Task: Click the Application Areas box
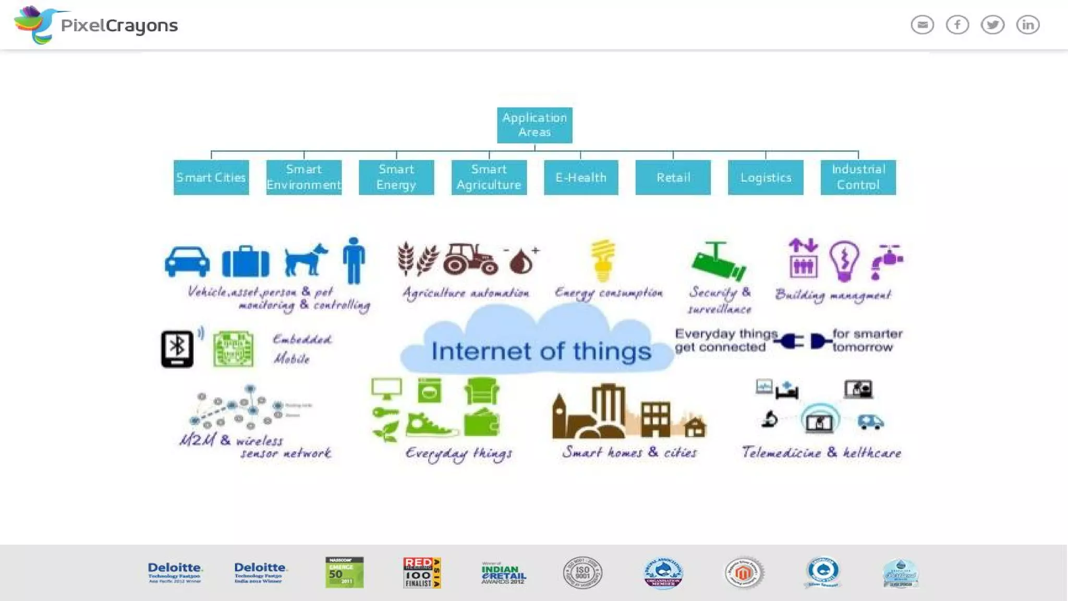coord(535,125)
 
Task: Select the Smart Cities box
coord(211,177)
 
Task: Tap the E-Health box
coord(581,177)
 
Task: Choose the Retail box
coord(673,177)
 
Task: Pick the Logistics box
coord(766,177)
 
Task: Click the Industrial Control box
coord(858,177)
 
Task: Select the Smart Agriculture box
coord(489,177)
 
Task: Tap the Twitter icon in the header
coord(992,25)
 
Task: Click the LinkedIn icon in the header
coord(1028,25)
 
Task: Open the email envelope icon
coord(922,25)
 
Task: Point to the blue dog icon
coord(306,259)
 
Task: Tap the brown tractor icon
coord(471,259)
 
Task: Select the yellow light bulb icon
coord(603,260)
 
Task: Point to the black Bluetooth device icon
coord(177,349)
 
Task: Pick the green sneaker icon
coord(431,425)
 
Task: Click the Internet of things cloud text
coord(541,351)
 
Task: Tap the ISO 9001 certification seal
coord(582,572)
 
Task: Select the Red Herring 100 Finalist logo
coord(422,572)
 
